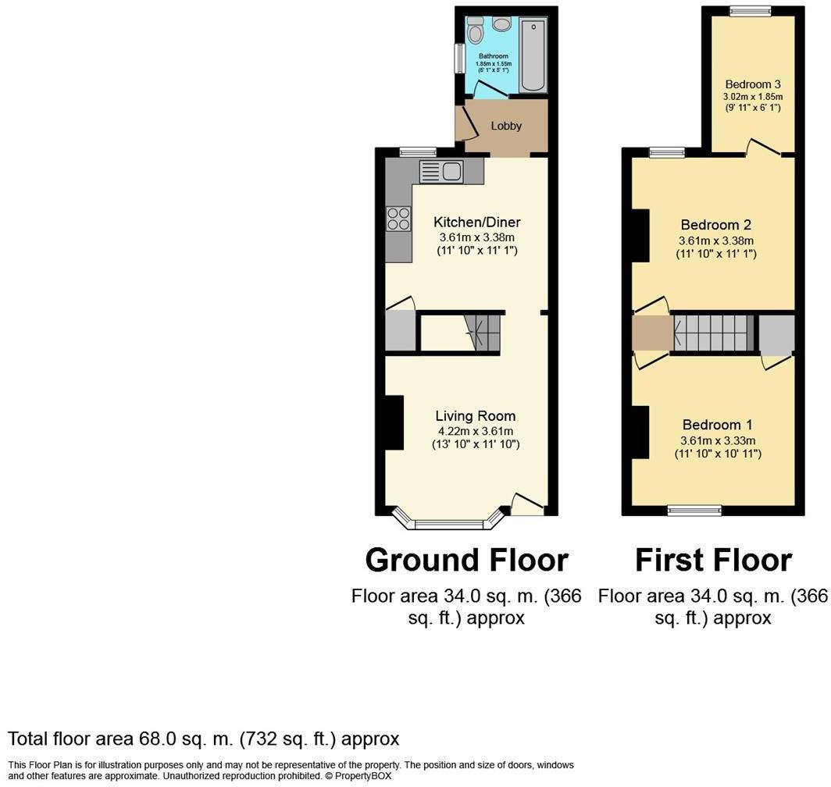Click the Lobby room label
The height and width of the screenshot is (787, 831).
(x=506, y=126)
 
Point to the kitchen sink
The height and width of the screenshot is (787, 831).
(x=442, y=170)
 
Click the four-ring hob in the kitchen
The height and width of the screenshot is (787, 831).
(x=398, y=219)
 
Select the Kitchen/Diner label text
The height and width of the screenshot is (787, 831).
(x=477, y=223)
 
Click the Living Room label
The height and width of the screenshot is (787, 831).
(x=475, y=416)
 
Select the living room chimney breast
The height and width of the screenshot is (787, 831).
(x=394, y=422)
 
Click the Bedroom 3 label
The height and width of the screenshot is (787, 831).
(x=752, y=84)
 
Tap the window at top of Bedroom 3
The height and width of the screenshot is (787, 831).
(x=751, y=11)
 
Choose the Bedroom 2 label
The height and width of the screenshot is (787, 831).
(x=715, y=225)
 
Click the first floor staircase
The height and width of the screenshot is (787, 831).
(x=711, y=333)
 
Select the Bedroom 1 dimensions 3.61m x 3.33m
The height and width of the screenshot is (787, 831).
(x=717, y=440)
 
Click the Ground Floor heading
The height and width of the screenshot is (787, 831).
(x=466, y=560)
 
